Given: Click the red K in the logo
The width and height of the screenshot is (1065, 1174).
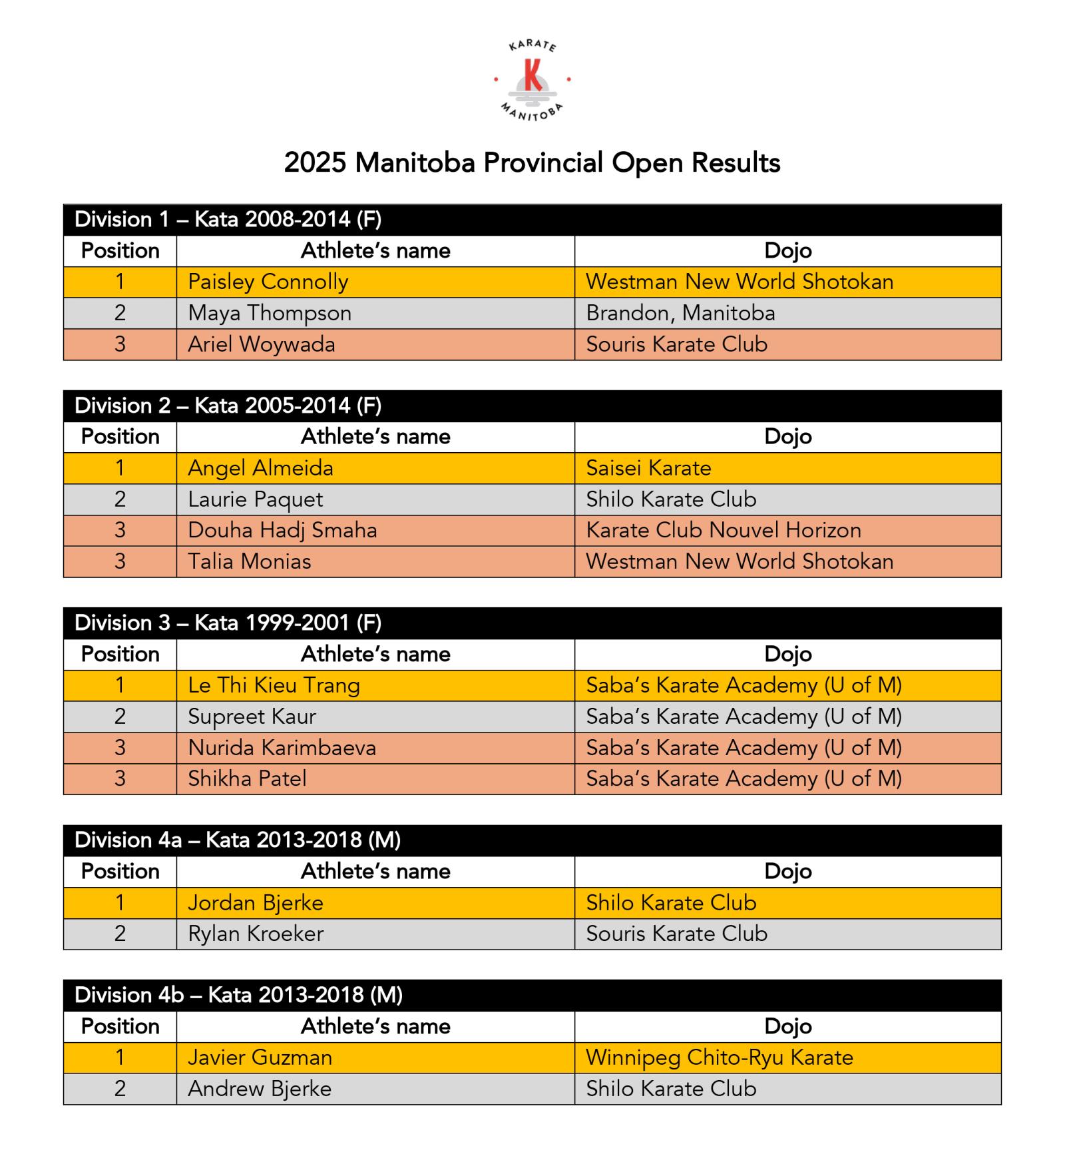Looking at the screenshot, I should pos(532,75).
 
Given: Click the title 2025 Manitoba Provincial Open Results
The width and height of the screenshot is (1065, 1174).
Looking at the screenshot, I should pos(532,163).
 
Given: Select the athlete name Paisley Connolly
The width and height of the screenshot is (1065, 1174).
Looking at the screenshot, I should pos(268,282).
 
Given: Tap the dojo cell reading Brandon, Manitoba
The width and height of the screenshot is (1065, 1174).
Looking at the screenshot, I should pos(680,313).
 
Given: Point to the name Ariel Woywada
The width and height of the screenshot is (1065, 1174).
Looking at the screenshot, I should pos(261,344).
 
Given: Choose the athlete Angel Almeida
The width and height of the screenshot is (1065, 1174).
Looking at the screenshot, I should pos(260,468).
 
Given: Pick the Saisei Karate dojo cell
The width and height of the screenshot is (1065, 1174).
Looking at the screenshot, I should pos(648,468).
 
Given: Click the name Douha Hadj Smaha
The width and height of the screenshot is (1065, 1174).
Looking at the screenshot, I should pos(282,530).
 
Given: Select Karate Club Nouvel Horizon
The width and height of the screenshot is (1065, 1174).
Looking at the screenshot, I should pos(724,530).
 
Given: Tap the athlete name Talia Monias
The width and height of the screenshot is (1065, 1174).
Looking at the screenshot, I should pos(249,561).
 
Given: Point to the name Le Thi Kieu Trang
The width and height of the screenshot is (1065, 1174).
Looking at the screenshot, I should pos(274,685).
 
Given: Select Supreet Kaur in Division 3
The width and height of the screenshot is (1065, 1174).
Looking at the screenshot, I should pos(252,717).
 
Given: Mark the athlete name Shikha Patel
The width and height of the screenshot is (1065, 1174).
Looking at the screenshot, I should pos(247,778).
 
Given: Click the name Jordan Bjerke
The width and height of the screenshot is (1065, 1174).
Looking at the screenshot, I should pos(256,903).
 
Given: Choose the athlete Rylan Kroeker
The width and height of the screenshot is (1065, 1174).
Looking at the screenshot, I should pos(256,934).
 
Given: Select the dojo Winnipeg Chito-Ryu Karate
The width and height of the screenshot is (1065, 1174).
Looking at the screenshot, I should pos(720,1057).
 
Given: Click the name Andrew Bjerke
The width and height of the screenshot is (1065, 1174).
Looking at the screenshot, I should pos(260,1089).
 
